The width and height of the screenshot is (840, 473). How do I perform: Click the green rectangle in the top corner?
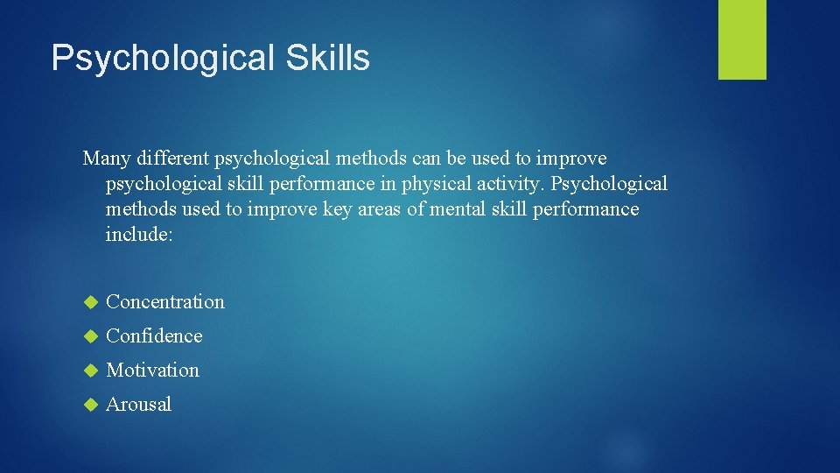pyautogui.click(x=742, y=39)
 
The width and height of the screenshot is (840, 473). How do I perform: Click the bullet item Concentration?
pyautogui.click(x=165, y=302)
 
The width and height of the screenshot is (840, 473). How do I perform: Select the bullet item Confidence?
pyautogui.click(x=154, y=336)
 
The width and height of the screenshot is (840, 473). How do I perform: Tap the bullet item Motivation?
pyautogui.click(x=152, y=371)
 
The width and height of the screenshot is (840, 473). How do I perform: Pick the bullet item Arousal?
pyautogui.click(x=138, y=405)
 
